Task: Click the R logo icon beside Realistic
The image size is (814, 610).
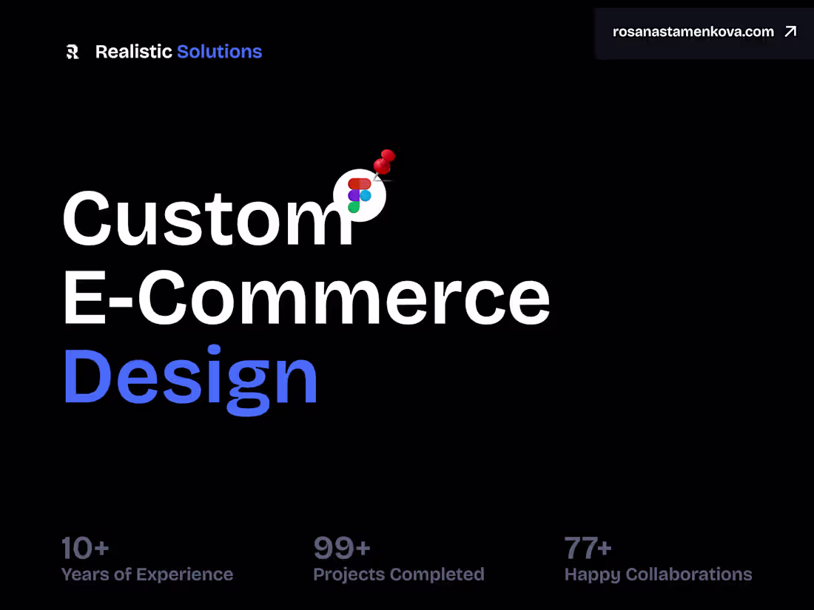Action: coord(73,52)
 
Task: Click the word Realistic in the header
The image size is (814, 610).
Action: coord(133,52)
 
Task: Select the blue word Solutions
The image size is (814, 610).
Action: coord(219,52)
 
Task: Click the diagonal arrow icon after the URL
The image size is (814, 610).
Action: coord(790,32)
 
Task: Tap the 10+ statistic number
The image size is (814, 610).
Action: coord(85,549)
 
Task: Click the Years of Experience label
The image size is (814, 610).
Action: coord(147,575)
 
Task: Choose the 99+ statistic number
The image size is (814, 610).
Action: coord(342,549)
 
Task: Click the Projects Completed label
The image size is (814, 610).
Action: coord(399,575)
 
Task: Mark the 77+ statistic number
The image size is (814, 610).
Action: coord(588,549)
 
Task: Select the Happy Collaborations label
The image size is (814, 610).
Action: coord(658,575)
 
